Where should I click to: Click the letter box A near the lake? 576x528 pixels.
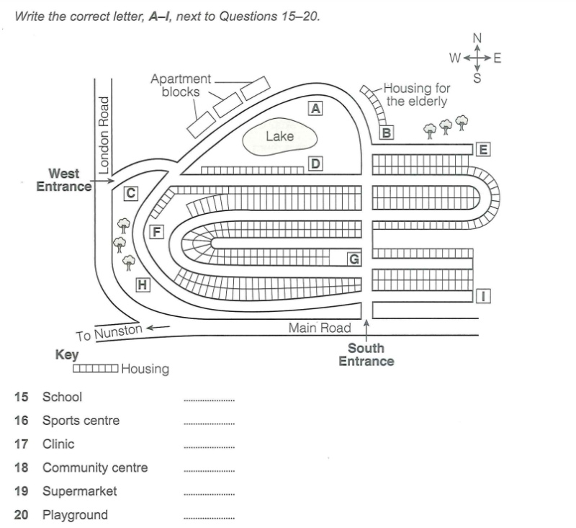pyautogui.click(x=315, y=108)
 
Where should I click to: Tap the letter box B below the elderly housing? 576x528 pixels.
pyautogui.click(x=387, y=133)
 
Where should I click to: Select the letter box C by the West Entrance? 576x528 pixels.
pyautogui.click(x=131, y=193)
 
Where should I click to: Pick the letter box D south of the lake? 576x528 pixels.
pyautogui.click(x=315, y=164)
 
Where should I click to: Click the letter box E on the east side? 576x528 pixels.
pyautogui.click(x=483, y=150)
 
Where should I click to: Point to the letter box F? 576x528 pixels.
pyautogui.click(x=156, y=232)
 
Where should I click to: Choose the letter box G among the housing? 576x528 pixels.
pyautogui.click(x=354, y=259)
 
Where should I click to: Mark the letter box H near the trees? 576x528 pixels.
pyautogui.click(x=143, y=285)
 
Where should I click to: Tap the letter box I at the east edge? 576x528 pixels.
pyautogui.click(x=483, y=296)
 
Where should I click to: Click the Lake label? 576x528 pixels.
pyautogui.click(x=280, y=136)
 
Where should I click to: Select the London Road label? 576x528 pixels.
pyautogui.click(x=104, y=135)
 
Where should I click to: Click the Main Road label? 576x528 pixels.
pyautogui.click(x=320, y=328)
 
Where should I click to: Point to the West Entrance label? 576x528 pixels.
pyautogui.click(x=64, y=180)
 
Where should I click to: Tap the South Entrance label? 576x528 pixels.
pyautogui.click(x=366, y=354)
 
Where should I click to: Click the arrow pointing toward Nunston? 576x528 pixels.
pyautogui.click(x=158, y=327)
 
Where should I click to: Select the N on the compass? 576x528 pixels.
pyautogui.click(x=477, y=38)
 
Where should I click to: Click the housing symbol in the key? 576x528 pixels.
pyautogui.click(x=96, y=368)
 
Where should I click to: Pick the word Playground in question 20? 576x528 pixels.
pyautogui.click(x=75, y=515)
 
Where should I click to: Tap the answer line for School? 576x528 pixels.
pyautogui.click(x=209, y=400)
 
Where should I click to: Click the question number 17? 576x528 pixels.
pyautogui.click(x=21, y=444)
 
